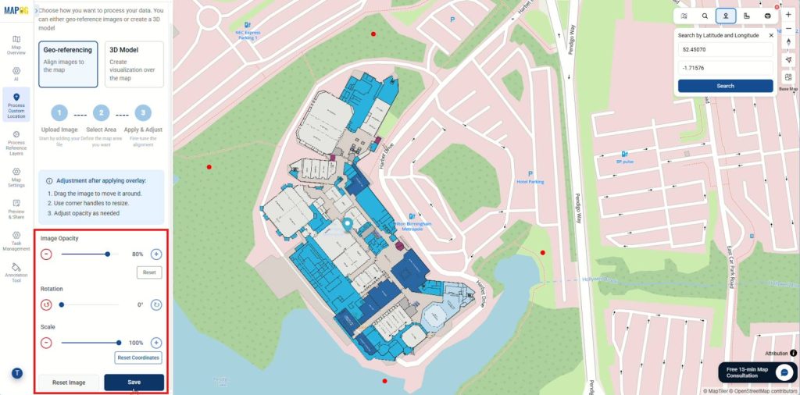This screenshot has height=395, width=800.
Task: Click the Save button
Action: (x=134, y=383)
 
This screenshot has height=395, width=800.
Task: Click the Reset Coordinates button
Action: (x=138, y=358)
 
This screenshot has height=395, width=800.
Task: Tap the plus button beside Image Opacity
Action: (x=156, y=254)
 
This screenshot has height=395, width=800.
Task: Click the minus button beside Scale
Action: (x=46, y=342)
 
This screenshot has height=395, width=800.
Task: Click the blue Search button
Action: (x=725, y=86)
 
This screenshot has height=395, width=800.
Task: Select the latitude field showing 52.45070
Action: (x=725, y=49)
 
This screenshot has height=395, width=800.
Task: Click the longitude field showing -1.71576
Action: (x=725, y=68)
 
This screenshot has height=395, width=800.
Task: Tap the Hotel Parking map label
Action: (x=530, y=181)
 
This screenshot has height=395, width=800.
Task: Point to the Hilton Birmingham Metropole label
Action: (x=414, y=226)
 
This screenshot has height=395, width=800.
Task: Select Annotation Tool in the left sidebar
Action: (x=16, y=273)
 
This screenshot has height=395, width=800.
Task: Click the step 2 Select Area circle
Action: (x=101, y=113)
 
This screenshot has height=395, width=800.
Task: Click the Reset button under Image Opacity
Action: (x=148, y=272)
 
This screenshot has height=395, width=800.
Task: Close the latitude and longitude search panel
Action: (x=771, y=35)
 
